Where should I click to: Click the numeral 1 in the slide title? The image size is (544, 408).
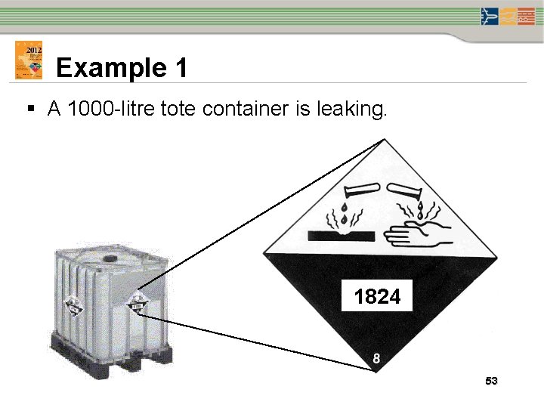tap(179, 68)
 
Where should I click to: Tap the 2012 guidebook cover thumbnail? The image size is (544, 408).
tap(29, 60)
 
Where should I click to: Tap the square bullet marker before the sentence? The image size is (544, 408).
tap(30, 111)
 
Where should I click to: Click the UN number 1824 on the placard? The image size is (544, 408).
tap(377, 297)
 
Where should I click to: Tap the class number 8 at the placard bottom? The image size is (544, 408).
tap(376, 358)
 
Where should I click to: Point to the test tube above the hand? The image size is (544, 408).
tap(409, 190)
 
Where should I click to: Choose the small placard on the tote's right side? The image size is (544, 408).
tap(137, 304)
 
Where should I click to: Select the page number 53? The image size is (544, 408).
tap(491, 382)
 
